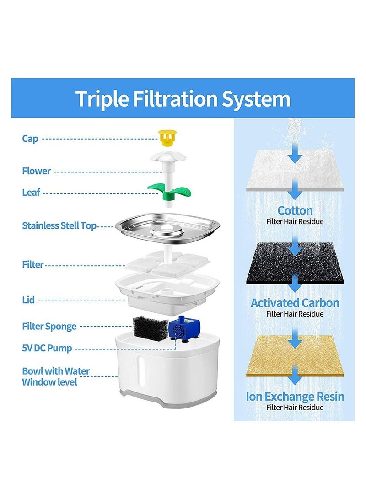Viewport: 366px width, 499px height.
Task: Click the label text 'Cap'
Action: [30, 138]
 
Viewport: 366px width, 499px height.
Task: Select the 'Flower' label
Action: [36, 171]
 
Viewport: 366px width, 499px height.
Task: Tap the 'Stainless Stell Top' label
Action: [59, 225]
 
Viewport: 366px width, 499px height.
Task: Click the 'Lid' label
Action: [28, 300]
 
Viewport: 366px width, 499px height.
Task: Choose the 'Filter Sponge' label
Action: [49, 326]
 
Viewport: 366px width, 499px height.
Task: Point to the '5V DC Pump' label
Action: [47, 348]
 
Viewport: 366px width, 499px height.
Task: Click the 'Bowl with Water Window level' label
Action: [55, 376]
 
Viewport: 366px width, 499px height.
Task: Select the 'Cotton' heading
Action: [295, 211]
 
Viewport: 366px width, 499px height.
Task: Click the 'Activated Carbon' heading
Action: [295, 303]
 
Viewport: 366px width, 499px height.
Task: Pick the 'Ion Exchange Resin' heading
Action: [295, 396]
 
